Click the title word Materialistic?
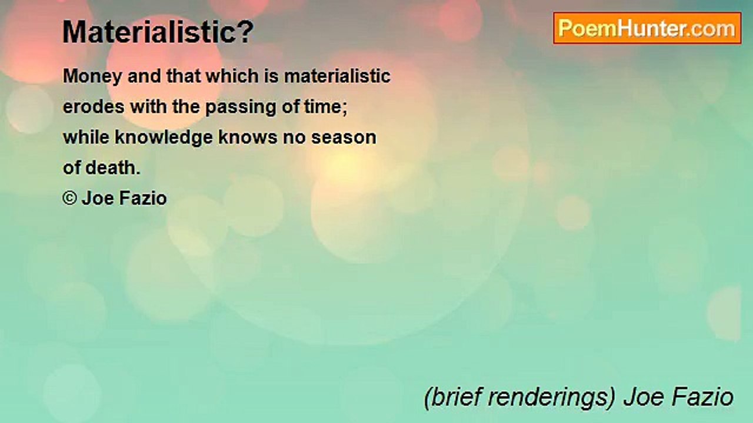tap(158, 32)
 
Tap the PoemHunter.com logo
tap(647, 28)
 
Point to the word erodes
tap(94, 107)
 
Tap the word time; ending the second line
tap(333, 107)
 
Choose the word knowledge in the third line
tap(164, 137)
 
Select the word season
tap(344, 137)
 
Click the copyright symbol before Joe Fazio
tap(69, 199)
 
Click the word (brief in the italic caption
tap(450, 397)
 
